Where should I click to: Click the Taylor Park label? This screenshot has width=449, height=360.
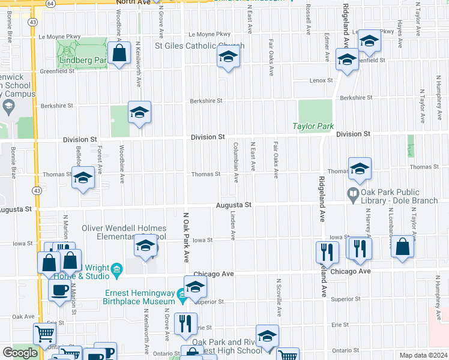[x=312, y=127]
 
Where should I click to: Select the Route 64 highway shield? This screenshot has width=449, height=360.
[x=52, y=3]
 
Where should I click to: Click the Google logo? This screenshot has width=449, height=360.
[x=20, y=353]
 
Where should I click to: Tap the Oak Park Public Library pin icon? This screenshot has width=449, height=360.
[x=353, y=193]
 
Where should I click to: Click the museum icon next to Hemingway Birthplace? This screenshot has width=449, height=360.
[x=182, y=293]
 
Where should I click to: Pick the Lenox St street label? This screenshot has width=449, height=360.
[x=321, y=80]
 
